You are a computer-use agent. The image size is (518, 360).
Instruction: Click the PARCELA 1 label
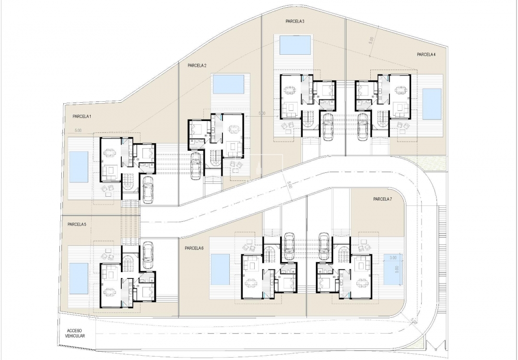tap(82, 117)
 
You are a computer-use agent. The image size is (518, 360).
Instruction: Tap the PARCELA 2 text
tap(197, 66)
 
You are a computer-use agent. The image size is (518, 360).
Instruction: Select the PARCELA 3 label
tap(294, 22)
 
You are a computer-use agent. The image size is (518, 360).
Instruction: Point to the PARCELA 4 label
tap(426, 55)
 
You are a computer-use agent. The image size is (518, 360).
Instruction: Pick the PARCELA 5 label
tap(77, 224)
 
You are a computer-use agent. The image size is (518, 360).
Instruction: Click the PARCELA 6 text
tap(194, 248)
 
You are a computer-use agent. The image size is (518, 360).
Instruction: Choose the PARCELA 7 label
tap(383, 199)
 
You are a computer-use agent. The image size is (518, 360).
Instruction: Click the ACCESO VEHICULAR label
tap(76, 334)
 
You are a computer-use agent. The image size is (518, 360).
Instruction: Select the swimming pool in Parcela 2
tap(228, 84)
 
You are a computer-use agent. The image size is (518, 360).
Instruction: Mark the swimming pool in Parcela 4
tap(432, 104)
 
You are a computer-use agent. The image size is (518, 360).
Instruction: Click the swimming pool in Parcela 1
tap(79, 167)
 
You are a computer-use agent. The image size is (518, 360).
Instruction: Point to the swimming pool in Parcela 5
tap(78, 278)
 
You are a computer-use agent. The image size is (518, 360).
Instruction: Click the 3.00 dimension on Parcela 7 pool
tap(393, 258)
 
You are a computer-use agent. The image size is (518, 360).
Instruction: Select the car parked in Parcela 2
tap(196, 166)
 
